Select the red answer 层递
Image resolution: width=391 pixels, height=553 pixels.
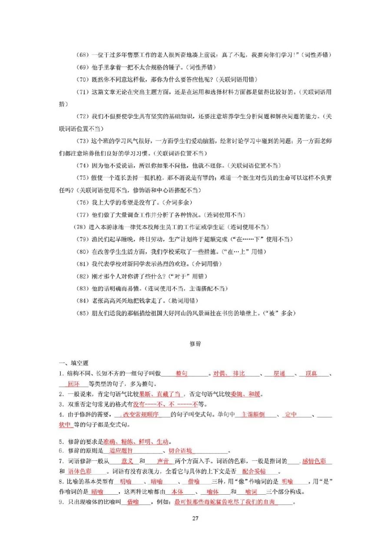(x=279, y=373)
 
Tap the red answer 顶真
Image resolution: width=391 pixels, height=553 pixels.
(x=311, y=373)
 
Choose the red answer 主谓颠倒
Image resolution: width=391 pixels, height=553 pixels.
(x=252, y=415)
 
